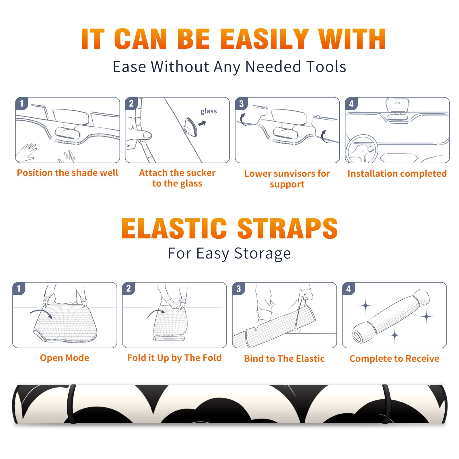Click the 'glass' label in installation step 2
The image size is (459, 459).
(x=209, y=111)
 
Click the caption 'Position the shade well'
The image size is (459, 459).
(x=67, y=173)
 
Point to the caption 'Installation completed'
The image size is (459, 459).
(x=397, y=174)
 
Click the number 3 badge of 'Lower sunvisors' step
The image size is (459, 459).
(x=241, y=104)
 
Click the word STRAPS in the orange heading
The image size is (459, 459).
(x=287, y=228)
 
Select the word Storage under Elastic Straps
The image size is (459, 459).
(x=262, y=254)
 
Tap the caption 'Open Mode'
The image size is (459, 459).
(x=65, y=358)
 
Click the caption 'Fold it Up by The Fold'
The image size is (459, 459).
(x=174, y=358)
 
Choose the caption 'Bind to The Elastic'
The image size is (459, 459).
(x=284, y=359)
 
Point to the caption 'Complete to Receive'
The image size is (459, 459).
(x=394, y=359)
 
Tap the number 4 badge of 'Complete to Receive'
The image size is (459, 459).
(x=349, y=289)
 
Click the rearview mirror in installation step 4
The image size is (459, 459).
(x=397, y=105)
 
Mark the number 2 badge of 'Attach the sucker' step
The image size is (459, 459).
(x=131, y=104)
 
